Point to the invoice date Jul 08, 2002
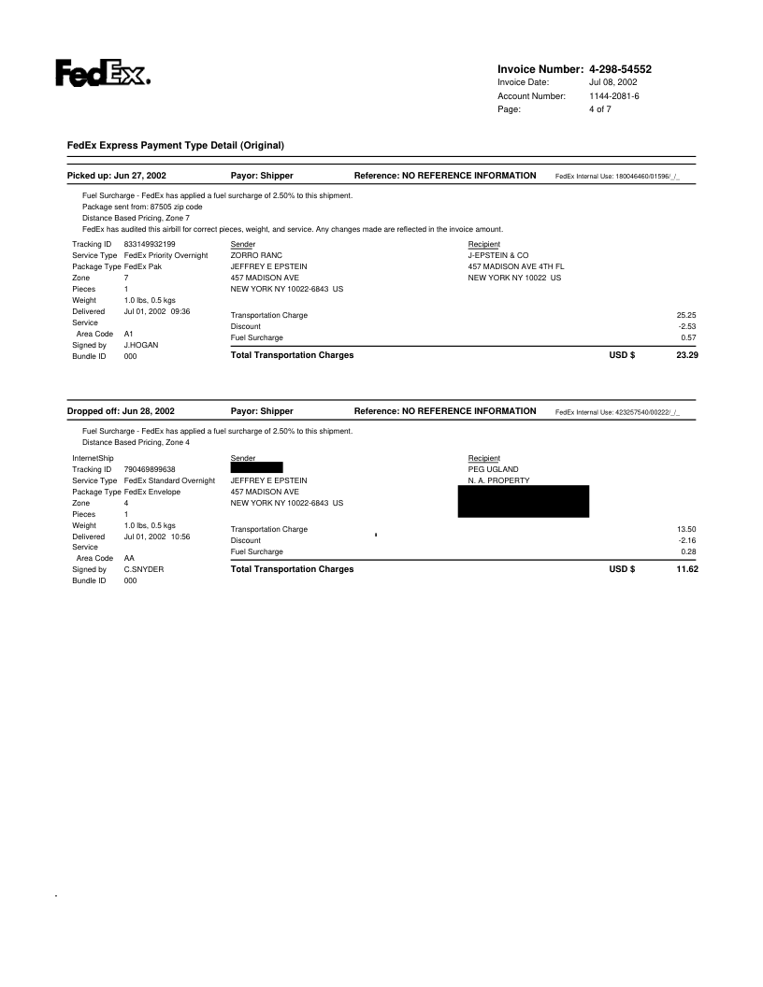[613, 83]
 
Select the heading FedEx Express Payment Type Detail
[175, 145]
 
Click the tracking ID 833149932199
[150, 243]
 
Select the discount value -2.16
[688, 540]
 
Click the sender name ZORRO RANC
[256, 254]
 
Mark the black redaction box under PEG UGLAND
[523, 501]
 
